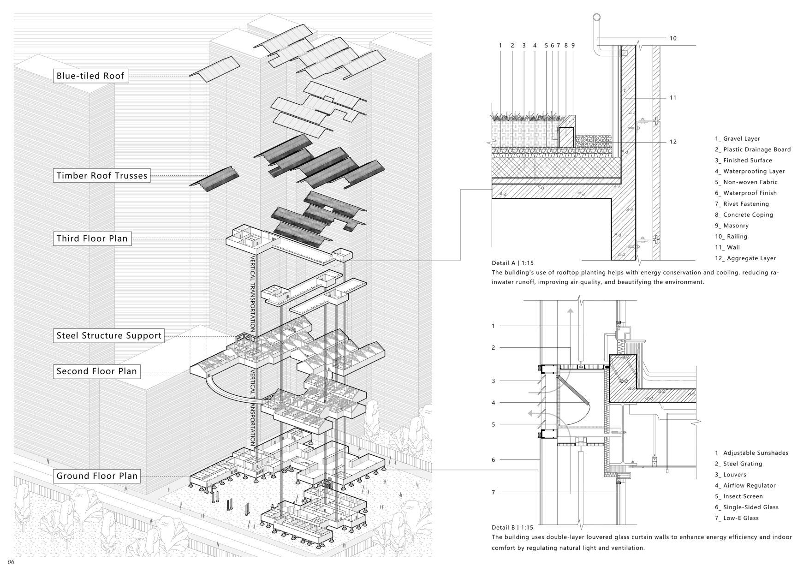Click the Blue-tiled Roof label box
click(x=91, y=76)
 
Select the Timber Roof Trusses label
click(x=101, y=175)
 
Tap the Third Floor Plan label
click(x=92, y=238)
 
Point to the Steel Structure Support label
click(x=109, y=335)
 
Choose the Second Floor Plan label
click(x=96, y=371)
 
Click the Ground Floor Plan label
click(x=97, y=476)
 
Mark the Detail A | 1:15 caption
click(x=512, y=263)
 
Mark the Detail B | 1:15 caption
click(x=512, y=527)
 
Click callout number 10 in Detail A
click(x=673, y=38)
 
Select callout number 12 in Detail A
click(x=673, y=142)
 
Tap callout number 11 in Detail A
click(x=673, y=98)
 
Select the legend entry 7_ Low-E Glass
click(x=737, y=518)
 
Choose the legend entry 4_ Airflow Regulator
click(x=745, y=485)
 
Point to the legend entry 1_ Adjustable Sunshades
click(x=751, y=453)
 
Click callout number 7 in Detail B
click(x=493, y=492)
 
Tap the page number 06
click(x=11, y=562)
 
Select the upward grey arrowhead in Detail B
click(x=571, y=311)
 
